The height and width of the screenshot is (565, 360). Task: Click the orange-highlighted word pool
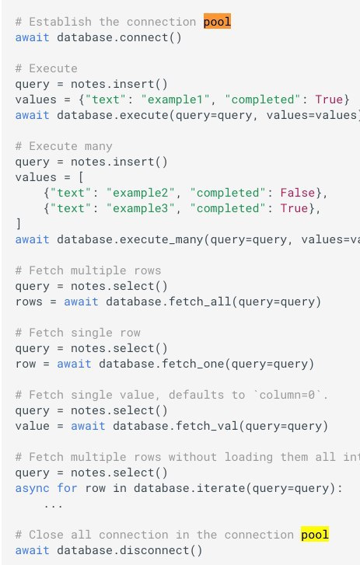pyautogui.click(x=217, y=22)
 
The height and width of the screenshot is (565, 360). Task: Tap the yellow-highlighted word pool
pyautogui.click(x=315, y=535)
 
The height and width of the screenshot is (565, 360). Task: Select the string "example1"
pyautogui.click(x=175, y=99)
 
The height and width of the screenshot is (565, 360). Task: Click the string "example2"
pyautogui.click(x=141, y=193)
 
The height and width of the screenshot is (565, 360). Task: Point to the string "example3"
pyautogui.click(x=141, y=208)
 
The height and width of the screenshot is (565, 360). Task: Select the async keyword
pyautogui.click(x=32, y=488)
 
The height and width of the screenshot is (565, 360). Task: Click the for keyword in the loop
pyautogui.click(x=68, y=488)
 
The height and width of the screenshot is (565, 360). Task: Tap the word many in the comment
pyautogui.click(x=99, y=146)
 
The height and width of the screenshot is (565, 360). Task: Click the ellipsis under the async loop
pyautogui.click(x=54, y=505)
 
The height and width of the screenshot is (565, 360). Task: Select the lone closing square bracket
pyautogui.click(x=19, y=224)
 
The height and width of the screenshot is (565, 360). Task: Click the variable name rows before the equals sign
pyautogui.click(x=29, y=302)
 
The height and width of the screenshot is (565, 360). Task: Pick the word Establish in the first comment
pyautogui.click(x=60, y=22)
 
